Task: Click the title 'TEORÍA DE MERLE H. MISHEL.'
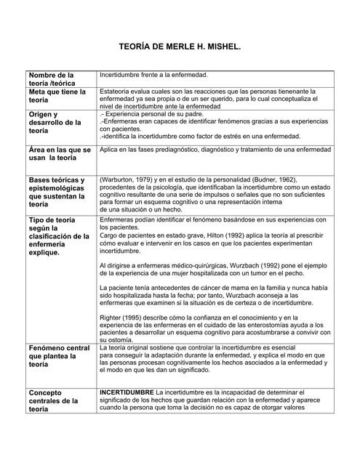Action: tap(179, 46)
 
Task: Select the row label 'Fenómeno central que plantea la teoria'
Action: tap(57, 357)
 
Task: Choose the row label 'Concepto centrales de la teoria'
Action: tap(52, 400)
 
